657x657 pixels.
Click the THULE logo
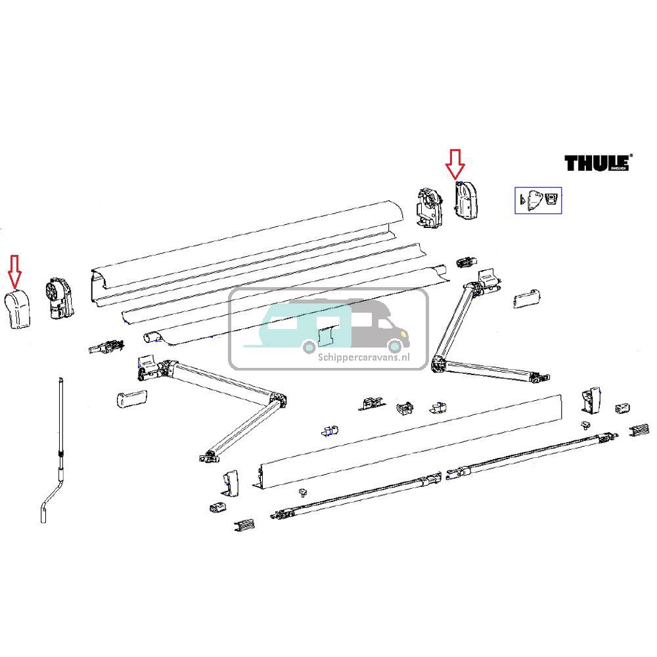coord(597,162)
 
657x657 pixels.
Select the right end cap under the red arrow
coord(466,201)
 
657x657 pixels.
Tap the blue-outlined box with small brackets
coord(537,200)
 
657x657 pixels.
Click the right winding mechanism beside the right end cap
coord(430,207)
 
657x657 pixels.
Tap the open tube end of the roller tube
coord(152,336)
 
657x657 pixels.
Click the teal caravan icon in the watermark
coord(296,325)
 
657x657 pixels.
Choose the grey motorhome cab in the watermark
coord(381,325)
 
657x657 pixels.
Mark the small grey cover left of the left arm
coord(129,398)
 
